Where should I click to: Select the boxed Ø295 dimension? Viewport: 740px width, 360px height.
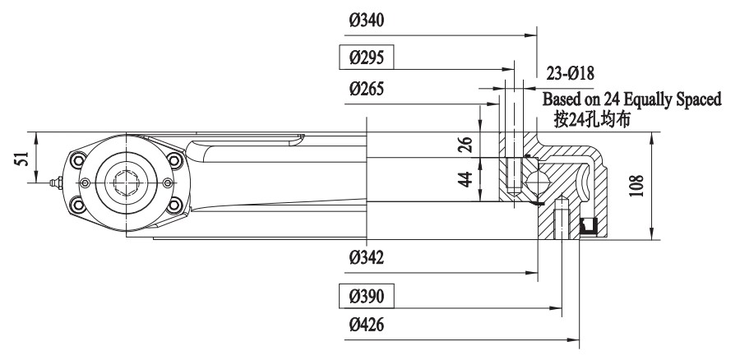(x=367, y=58)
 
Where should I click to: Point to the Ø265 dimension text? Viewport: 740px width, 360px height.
(x=367, y=88)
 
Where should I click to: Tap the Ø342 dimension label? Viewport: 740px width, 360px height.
(x=367, y=258)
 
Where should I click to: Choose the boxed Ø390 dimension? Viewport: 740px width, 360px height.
(x=367, y=293)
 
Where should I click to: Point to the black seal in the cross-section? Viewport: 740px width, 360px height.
(x=588, y=224)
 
